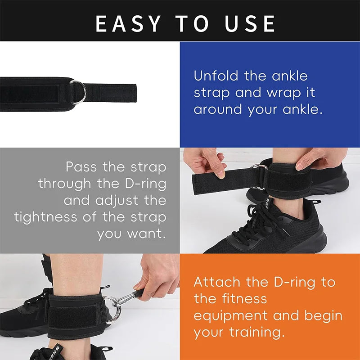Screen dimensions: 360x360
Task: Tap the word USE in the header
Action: [251, 23]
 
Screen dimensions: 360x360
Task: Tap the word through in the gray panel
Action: [66, 184]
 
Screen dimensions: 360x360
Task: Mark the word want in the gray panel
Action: [148, 234]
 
